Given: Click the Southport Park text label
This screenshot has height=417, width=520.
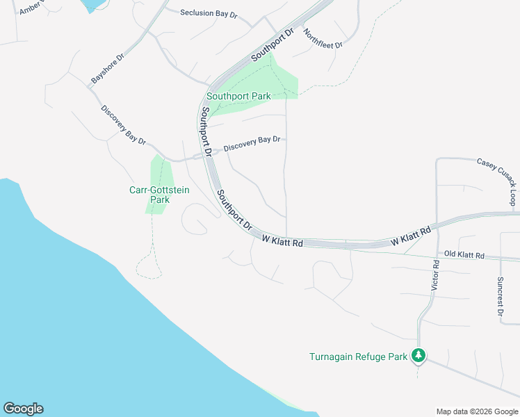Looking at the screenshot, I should (238, 97).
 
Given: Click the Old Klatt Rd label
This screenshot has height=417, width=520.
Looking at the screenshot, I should (464, 255).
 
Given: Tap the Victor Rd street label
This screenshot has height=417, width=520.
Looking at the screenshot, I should (436, 274).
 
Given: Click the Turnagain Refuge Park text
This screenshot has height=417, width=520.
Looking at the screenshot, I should (358, 357).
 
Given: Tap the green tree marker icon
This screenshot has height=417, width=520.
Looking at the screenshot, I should (418, 356).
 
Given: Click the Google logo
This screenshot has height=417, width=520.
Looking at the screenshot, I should (23, 409).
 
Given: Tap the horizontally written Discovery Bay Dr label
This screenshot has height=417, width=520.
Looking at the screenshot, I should (252, 140).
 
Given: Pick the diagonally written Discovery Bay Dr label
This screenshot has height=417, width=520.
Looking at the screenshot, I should (123, 124).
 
